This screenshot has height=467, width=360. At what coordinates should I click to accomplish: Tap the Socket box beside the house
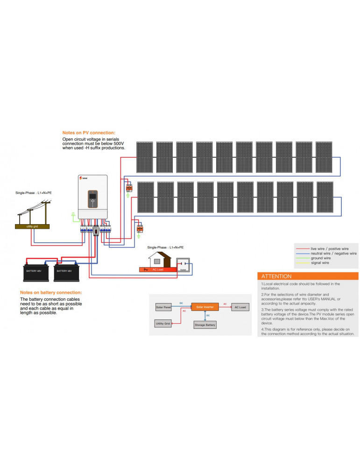(184, 264)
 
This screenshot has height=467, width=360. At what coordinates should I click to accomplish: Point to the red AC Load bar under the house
(158, 270)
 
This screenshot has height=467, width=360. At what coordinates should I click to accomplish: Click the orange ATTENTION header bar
(308, 276)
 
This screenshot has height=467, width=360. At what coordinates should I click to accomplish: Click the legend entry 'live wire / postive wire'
(330, 249)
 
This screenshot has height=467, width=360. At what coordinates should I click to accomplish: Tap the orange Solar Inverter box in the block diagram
(205, 307)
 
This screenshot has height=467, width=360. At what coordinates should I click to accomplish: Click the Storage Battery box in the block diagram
(205, 325)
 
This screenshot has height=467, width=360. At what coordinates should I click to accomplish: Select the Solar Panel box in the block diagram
(163, 307)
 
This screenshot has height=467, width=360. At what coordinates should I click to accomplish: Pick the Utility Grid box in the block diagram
(163, 323)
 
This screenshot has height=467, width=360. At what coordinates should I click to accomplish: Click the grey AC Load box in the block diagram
(240, 307)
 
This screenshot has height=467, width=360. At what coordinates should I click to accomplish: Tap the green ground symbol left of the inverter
(72, 216)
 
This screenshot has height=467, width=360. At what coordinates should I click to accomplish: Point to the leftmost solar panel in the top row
(144, 157)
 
